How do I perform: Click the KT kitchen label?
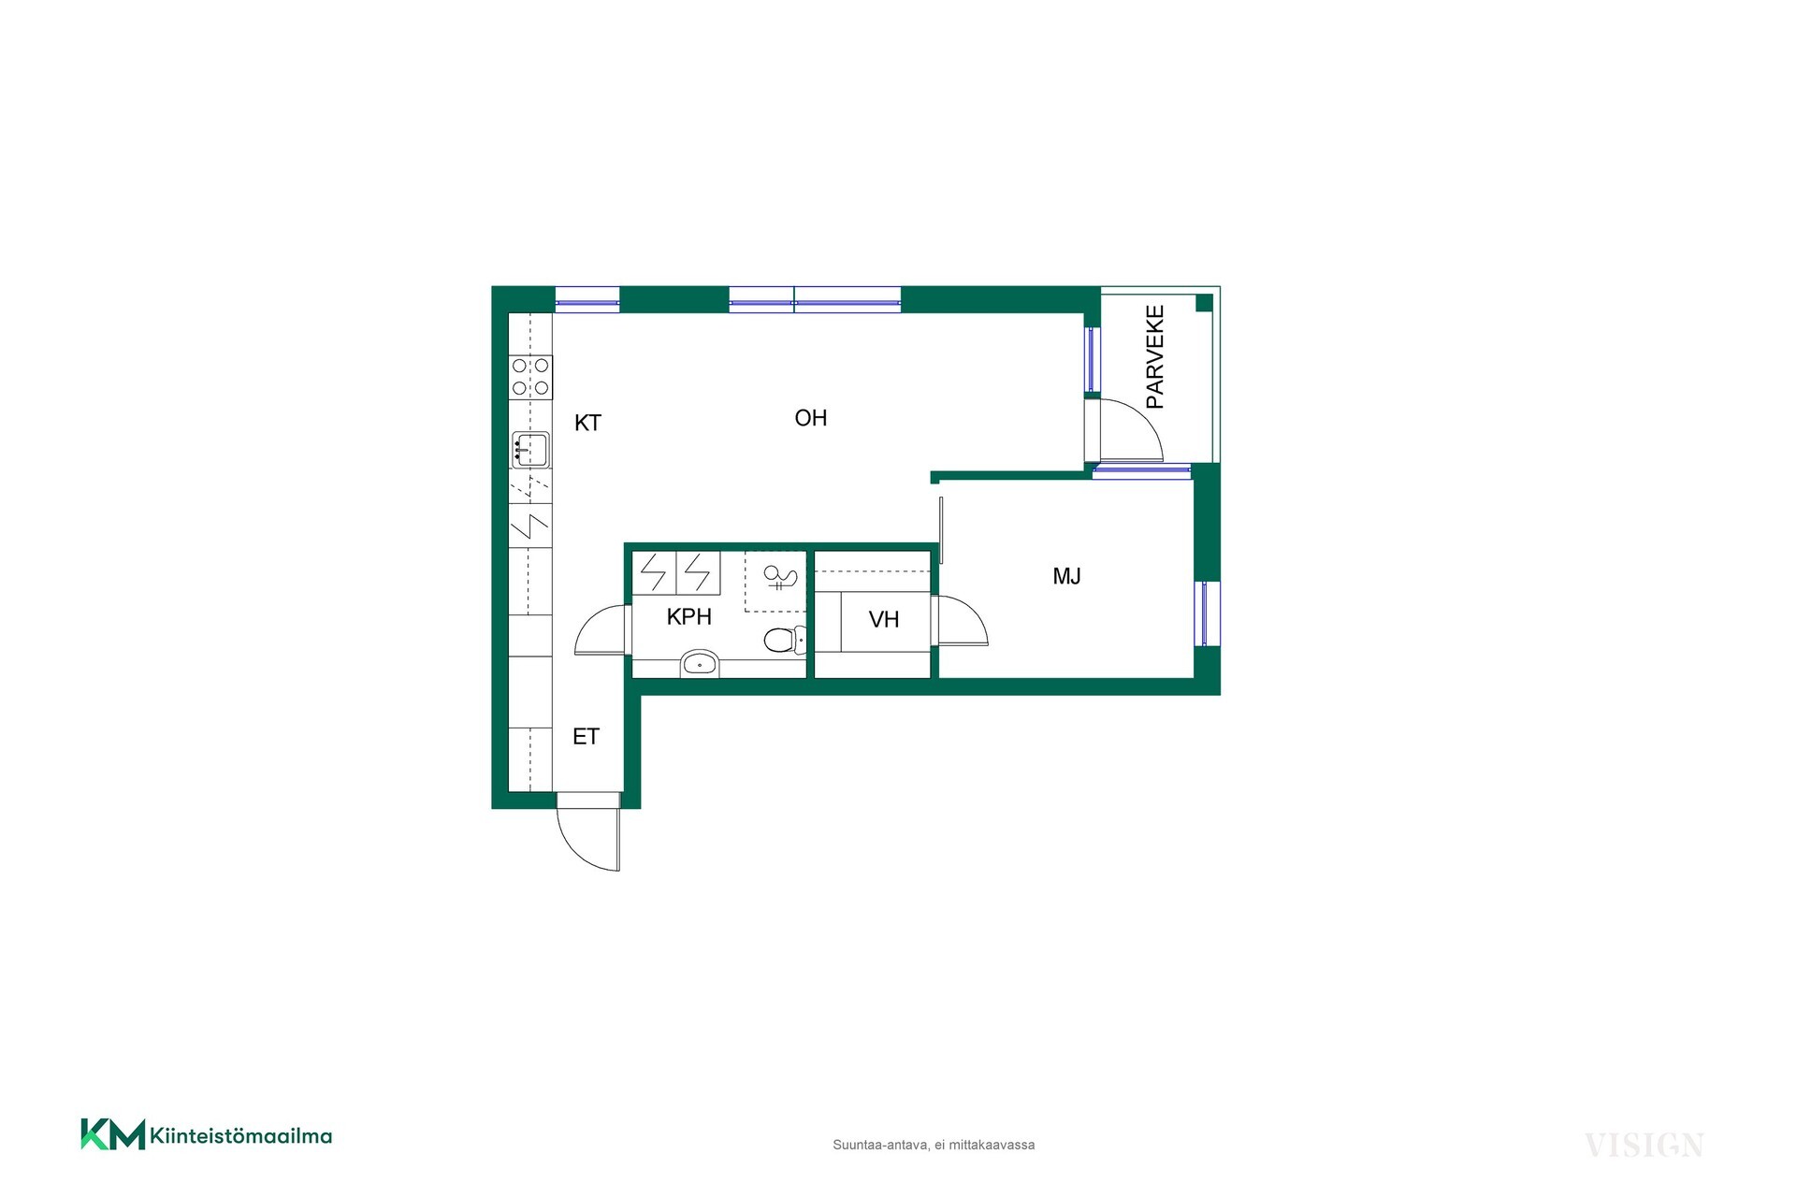[x=587, y=423]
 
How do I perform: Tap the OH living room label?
[x=811, y=418]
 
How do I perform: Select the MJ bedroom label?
[x=1067, y=576]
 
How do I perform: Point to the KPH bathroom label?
[x=689, y=617]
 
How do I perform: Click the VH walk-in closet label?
[x=884, y=619]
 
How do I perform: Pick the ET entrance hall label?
[x=586, y=737]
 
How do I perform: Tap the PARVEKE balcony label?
[x=1155, y=356]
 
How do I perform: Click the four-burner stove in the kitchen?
[x=530, y=377]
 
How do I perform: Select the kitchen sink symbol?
[x=530, y=450]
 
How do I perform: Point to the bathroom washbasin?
[x=699, y=663]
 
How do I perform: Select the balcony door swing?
[x=1130, y=430]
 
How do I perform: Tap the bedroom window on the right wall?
[x=1207, y=613]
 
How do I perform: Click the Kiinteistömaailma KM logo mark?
[x=113, y=1134]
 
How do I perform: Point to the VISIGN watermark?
[x=1644, y=1146]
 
